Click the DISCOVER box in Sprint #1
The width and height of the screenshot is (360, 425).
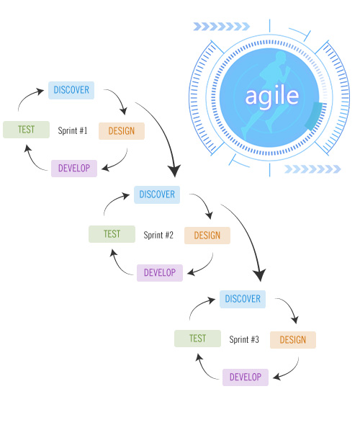tap(71, 90)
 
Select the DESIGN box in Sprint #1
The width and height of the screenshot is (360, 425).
tap(122, 131)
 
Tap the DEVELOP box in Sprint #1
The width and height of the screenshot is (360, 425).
tap(74, 169)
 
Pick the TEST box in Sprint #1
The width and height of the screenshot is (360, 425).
tap(26, 130)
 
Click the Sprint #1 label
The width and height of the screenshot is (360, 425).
tap(73, 130)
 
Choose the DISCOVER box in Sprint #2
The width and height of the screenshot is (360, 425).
tap(157, 194)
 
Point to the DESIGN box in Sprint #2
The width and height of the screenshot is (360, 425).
tap(207, 236)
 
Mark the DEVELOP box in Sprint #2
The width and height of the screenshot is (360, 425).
tap(160, 273)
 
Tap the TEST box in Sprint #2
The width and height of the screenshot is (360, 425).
tap(112, 234)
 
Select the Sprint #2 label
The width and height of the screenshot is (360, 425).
tap(158, 235)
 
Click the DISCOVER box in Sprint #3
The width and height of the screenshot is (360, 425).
tap(243, 299)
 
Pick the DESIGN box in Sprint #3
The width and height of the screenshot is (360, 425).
tap(293, 340)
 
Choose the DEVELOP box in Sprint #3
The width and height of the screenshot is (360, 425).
tap(246, 377)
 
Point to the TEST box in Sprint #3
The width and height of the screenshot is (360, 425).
tap(197, 339)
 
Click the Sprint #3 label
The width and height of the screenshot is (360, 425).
tap(244, 339)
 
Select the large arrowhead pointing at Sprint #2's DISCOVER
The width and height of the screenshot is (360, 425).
tap(174, 171)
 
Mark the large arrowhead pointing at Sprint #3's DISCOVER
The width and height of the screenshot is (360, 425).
tap(259, 275)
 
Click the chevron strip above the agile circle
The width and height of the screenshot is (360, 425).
tap(221, 27)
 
